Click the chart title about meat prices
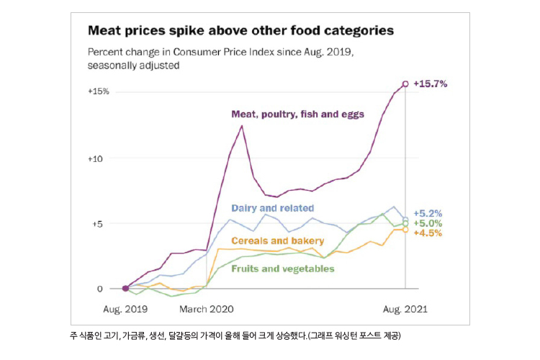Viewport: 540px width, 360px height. (240, 31)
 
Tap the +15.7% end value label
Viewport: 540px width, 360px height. (431, 84)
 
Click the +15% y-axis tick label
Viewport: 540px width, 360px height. (99, 91)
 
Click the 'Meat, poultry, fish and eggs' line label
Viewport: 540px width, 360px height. (297, 114)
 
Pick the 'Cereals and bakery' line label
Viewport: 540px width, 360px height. (277, 240)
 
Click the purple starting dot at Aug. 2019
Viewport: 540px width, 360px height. (125, 288)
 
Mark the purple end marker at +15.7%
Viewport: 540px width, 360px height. (405, 84)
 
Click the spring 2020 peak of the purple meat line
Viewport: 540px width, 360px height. (242, 126)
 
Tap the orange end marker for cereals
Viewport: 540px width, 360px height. (405, 230)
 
